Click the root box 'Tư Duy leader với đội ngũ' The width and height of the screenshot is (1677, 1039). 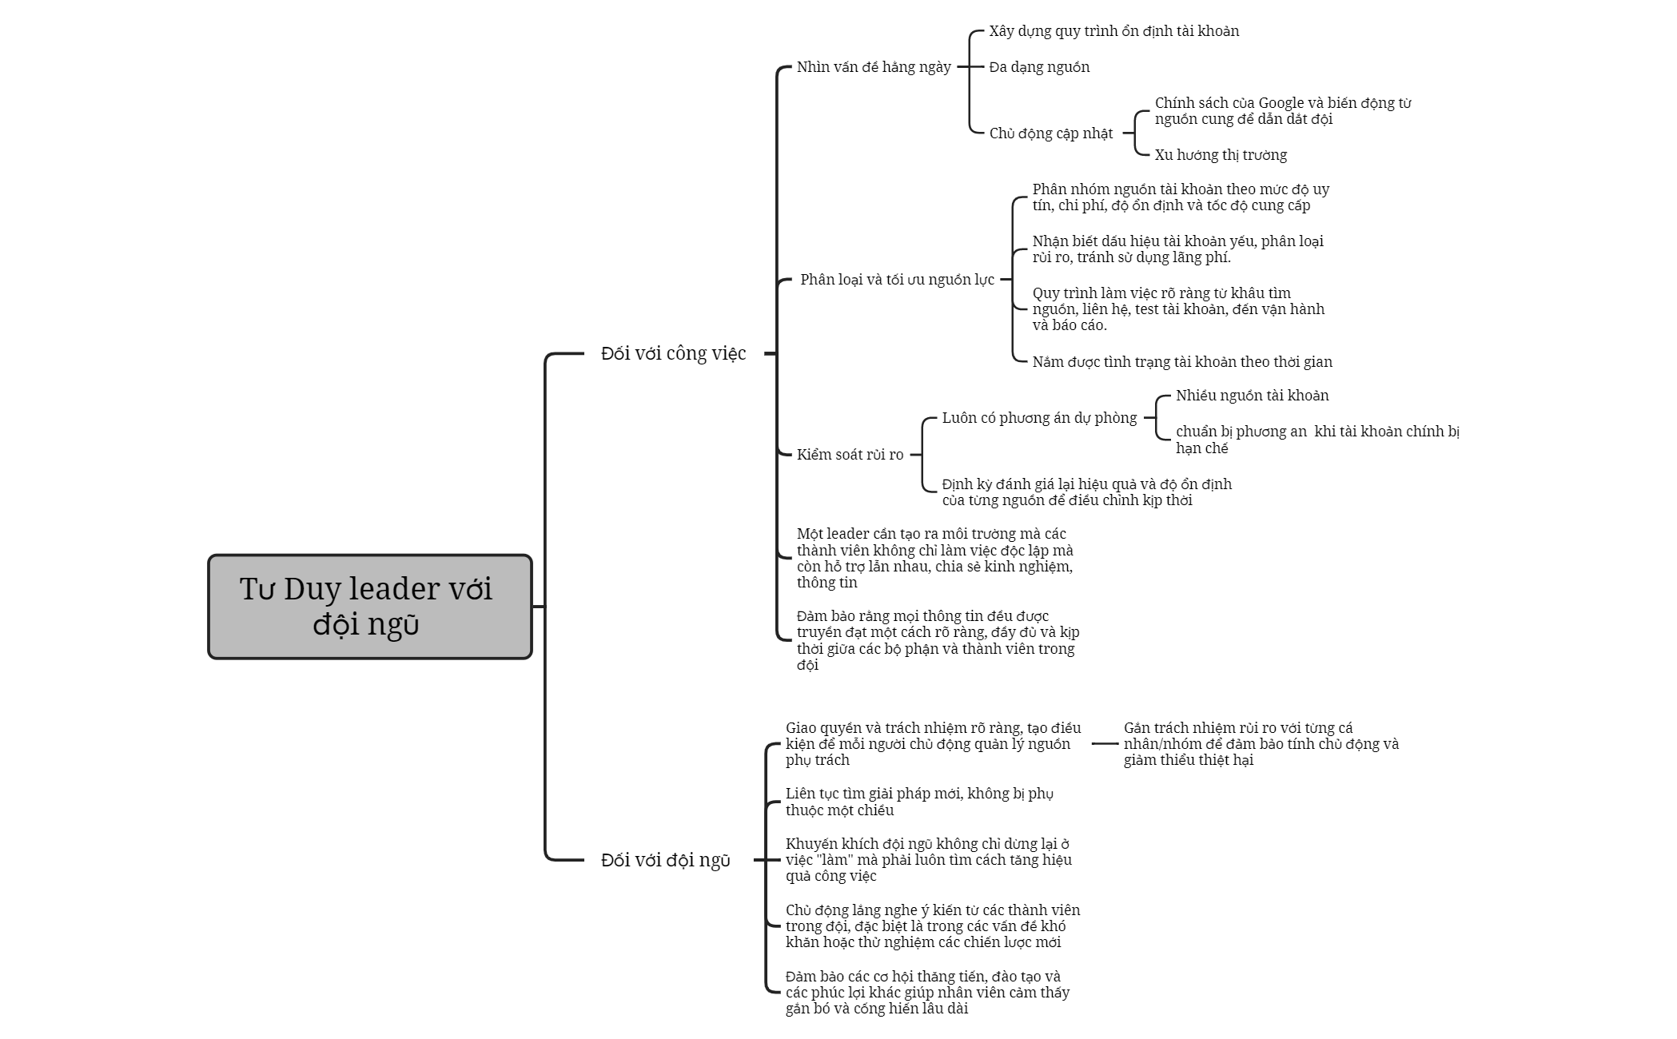[370, 607]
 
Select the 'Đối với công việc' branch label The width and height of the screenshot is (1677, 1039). [673, 353]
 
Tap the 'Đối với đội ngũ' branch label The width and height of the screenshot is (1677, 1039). [665, 860]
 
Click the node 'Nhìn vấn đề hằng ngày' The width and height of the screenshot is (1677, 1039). [874, 67]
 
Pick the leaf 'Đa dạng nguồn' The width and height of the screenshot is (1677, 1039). [1039, 67]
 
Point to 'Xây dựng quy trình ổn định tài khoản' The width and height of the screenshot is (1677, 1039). [1114, 31]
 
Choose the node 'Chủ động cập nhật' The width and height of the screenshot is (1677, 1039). [1051, 133]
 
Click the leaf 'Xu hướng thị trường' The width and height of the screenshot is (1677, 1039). [1221, 155]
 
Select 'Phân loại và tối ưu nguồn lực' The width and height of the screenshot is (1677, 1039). [898, 280]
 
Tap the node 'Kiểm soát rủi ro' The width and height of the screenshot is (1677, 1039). [850, 455]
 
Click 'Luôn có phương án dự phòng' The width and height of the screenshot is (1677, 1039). [1039, 418]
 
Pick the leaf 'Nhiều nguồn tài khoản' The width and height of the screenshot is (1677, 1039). [1253, 396]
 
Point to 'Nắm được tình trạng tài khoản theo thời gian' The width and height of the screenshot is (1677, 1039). [1182, 362]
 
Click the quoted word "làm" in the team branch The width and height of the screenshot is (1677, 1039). [833, 860]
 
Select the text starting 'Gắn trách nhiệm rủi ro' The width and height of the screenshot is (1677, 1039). [1261, 744]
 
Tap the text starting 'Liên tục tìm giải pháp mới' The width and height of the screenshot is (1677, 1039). [919, 802]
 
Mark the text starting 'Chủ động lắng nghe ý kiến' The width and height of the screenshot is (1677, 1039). [933, 926]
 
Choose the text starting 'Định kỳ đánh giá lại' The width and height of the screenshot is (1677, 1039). [1087, 492]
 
